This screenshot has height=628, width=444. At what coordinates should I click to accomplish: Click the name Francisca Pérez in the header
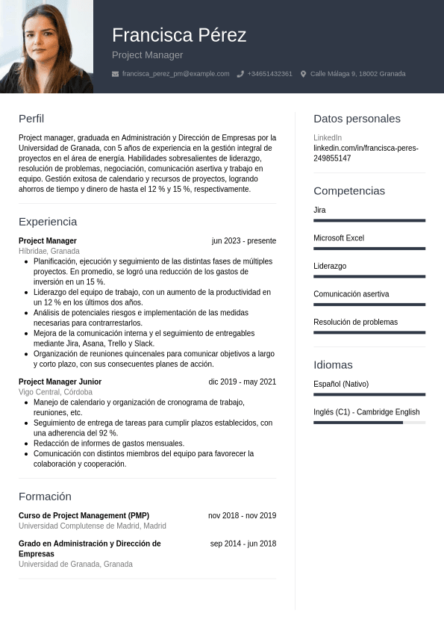coord(179,35)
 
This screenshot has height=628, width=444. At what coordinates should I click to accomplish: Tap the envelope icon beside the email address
coord(115,74)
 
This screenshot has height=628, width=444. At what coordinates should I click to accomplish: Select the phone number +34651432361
coord(269,74)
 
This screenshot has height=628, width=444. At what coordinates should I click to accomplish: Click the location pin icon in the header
coord(303,74)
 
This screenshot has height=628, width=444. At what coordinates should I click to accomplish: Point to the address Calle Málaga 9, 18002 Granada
coord(357,74)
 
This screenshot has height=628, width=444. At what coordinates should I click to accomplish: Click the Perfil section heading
coord(31,119)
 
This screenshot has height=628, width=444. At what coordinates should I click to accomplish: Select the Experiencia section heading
coord(48,222)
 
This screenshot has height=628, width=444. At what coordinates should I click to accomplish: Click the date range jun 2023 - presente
coord(243,241)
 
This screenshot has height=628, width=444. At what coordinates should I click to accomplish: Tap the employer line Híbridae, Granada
coord(49,251)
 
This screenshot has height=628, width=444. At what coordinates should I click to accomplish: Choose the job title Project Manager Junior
coord(60,382)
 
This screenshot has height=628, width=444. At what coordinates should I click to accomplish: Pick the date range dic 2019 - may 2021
coord(242,382)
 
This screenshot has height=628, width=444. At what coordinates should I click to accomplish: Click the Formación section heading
coord(45,497)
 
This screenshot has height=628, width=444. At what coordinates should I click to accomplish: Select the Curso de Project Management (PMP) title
coord(84,516)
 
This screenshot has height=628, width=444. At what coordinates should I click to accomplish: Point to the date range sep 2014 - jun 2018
coord(243,544)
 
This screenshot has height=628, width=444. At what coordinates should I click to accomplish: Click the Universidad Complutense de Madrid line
coord(93,526)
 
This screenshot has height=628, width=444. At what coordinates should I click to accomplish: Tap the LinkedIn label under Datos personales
coord(328,138)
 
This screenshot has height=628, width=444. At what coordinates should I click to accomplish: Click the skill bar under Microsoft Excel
coord(369,249)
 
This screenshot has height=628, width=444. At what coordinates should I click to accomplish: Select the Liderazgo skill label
coord(330,267)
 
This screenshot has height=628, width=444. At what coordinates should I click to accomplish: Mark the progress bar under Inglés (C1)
coord(369,423)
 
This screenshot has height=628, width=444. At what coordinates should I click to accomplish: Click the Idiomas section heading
coord(333,365)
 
